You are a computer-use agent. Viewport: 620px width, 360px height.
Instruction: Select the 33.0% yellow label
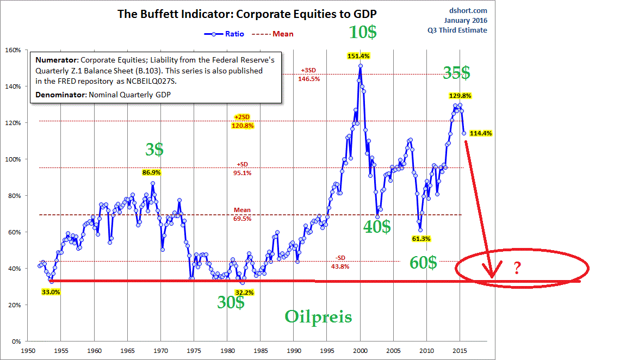(51, 291)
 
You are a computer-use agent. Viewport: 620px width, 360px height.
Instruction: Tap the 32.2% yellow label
(244, 293)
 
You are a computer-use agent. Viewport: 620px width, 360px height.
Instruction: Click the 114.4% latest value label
(481, 133)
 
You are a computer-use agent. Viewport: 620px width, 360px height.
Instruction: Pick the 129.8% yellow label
(460, 96)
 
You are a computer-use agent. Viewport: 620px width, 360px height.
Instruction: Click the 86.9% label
(152, 172)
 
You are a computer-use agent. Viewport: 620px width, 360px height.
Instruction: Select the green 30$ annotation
(231, 303)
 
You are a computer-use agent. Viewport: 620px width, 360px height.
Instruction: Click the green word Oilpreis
(319, 317)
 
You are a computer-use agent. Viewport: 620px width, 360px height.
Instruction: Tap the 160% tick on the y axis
(13, 50)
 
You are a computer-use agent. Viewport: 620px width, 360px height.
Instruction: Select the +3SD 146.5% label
(308, 75)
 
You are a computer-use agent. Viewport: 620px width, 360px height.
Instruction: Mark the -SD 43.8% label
(339, 263)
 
